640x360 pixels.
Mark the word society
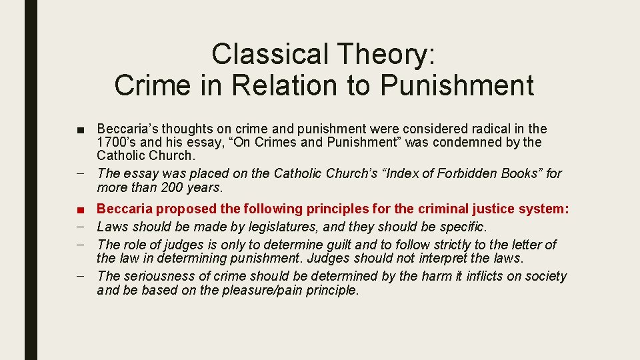pos(543,276)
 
